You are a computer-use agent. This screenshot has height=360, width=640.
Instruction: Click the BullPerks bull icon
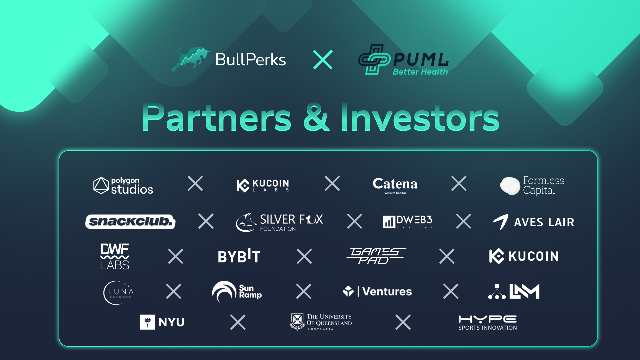pos(190,59)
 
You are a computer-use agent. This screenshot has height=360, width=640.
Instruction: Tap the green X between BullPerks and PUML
pos(323,60)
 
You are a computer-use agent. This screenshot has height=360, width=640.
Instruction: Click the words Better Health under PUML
pos(420,72)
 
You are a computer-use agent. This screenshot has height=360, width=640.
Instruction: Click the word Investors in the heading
pos(420,118)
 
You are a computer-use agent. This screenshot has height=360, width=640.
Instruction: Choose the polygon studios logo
pos(123,185)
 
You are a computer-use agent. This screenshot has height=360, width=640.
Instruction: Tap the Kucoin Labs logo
pos(263,185)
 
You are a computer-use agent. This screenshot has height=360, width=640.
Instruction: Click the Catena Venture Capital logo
pos(395,185)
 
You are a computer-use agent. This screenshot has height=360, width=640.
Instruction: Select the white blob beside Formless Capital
pos(510,186)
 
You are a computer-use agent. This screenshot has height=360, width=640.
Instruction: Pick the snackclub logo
pos(130,222)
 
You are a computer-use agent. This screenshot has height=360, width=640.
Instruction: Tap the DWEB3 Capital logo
pos(408,222)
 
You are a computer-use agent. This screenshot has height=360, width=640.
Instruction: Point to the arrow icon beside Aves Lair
pos(501,222)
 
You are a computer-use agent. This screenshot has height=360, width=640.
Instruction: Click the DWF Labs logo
pos(115,256)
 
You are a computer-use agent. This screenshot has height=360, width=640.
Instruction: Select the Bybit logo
pos(239,257)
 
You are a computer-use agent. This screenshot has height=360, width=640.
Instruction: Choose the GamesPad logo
pos(375,256)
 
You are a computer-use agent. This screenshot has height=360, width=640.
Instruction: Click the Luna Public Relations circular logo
pos(119,293)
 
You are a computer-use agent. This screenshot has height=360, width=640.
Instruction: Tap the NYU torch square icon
pos(147,322)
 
